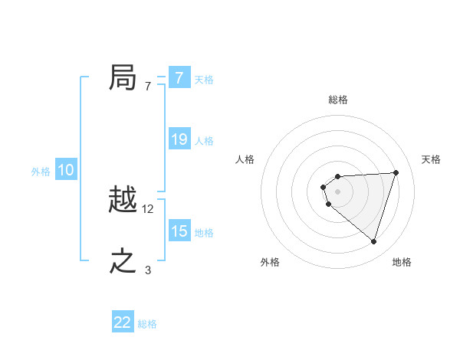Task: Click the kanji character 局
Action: tap(123, 78)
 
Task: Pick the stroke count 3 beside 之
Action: tap(147, 270)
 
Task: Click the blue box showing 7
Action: tap(179, 78)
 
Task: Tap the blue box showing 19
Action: tap(179, 139)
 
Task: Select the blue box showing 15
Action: tap(179, 231)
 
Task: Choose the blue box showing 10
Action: tap(66, 171)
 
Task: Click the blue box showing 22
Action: tap(123, 322)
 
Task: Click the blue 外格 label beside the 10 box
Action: tap(41, 172)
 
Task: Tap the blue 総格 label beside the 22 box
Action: tap(147, 324)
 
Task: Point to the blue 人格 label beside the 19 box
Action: tap(204, 141)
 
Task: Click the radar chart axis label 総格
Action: tap(338, 100)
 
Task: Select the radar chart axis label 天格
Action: tap(432, 159)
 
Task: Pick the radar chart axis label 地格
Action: tap(402, 262)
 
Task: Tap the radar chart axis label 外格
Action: tap(270, 262)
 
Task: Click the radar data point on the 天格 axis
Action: tap(396, 172)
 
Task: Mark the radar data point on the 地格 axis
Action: tap(373, 241)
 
